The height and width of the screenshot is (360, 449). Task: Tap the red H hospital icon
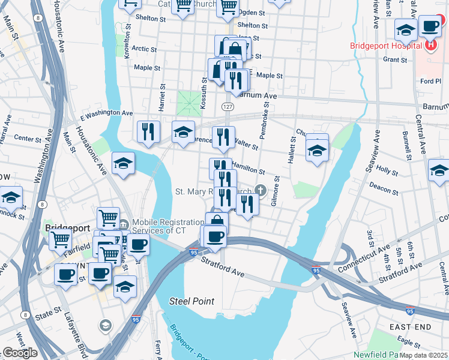pos(430,45)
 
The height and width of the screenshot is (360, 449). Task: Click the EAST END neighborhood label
pos(409,326)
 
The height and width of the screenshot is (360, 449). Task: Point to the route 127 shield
pos(228,106)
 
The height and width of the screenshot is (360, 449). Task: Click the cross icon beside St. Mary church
pos(260,189)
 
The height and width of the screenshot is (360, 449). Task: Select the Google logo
pos(19,353)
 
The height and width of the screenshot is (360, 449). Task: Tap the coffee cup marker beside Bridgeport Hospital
pos(430,26)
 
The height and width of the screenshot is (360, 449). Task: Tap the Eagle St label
pos(408,341)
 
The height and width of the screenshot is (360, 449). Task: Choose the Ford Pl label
pos(430,81)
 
